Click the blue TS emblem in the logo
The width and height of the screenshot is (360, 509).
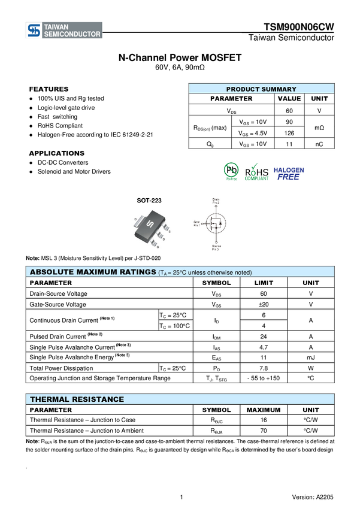click(34, 31)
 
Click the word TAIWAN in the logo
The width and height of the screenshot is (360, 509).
click(57, 27)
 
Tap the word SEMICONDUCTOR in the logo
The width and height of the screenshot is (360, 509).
click(72, 35)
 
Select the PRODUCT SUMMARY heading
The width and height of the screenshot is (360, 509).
click(261, 89)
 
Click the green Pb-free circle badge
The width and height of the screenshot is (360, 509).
click(231, 170)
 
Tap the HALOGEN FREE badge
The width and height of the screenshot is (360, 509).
click(289, 173)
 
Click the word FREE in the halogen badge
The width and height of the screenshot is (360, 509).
click(289, 177)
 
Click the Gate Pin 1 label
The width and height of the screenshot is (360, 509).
click(196, 223)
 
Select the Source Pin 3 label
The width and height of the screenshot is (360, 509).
click(216, 247)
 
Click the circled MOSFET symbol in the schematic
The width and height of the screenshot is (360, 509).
click(216, 225)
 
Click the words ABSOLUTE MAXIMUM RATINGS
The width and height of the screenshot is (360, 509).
click(93, 272)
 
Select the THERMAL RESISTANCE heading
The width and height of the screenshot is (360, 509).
click(77, 399)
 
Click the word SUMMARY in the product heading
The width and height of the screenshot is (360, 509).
click(278, 89)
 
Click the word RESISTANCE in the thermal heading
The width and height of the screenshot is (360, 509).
click(98, 399)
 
